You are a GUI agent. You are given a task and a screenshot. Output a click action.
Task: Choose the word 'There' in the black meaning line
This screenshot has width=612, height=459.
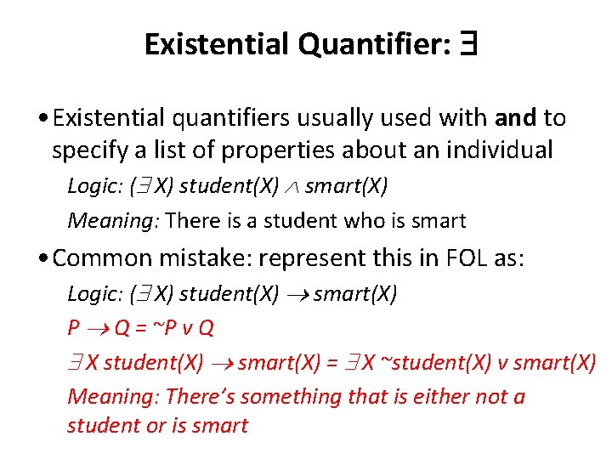pos(192,221)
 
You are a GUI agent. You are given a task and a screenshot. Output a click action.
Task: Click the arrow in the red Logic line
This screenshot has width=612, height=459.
pos(297,295)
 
